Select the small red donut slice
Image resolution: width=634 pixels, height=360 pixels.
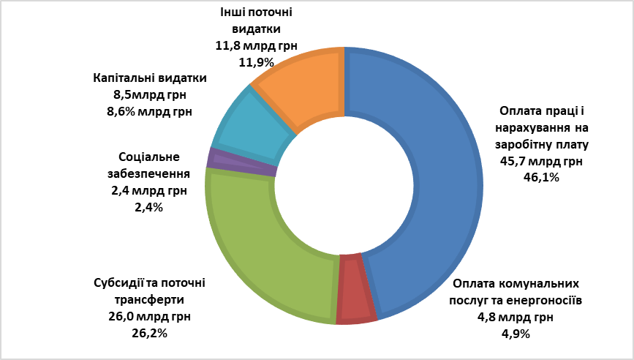pyautogui.click(x=358, y=288)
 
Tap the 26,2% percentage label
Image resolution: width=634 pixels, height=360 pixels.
pyautogui.click(x=149, y=333)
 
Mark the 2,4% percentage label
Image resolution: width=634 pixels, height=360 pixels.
pyautogui.click(x=148, y=207)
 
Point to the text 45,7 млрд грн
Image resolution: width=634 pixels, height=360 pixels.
pyautogui.click(x=540, y=160)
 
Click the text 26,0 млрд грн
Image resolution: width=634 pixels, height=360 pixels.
pyautogui.click(x=149, y=317)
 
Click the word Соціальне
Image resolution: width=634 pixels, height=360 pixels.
pyautogui.click(x=148, y=157)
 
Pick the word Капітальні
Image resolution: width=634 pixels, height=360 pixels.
pyautogui.click(x=121, y=78)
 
